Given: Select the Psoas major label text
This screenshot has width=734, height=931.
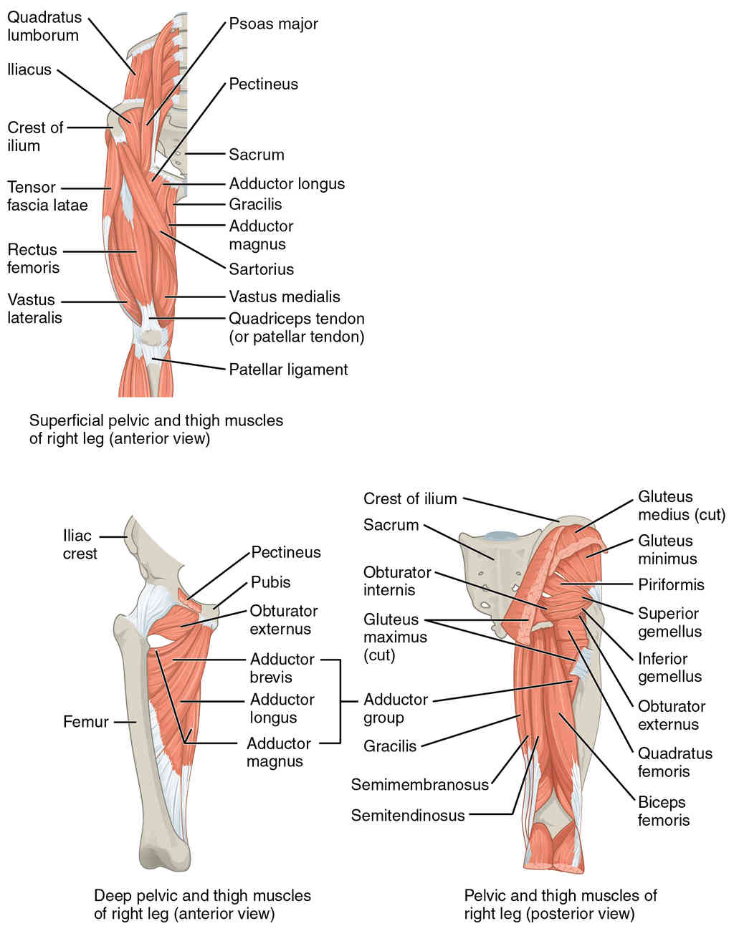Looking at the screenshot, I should click(273, 24).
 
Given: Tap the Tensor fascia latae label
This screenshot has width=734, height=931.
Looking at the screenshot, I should click(47, 196).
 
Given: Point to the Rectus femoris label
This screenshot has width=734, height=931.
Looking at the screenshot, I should click(33, 259).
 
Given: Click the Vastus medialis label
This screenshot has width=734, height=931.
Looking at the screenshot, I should click(285, 296).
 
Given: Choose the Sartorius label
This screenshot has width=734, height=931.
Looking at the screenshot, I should click(261, 269).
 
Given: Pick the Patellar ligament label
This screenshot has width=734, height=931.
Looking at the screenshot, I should click(288, 370).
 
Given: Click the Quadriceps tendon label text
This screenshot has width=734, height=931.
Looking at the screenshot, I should click(296, 327).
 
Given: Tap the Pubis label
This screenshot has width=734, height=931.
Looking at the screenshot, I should click(270, 582).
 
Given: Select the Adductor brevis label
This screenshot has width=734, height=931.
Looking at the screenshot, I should click(282, 667).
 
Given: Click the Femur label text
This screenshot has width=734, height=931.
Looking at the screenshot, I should click(85, 722).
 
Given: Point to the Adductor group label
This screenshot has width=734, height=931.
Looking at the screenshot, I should click(395, 708).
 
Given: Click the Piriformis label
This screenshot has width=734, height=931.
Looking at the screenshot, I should click(671, 584).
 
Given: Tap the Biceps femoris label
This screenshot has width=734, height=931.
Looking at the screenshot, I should click(663, 811).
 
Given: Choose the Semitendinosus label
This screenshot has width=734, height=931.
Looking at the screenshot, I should click(407, 815).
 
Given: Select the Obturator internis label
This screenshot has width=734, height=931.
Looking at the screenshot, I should click(397, 581).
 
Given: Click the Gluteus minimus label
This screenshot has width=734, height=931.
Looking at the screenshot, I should click(667, 549).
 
